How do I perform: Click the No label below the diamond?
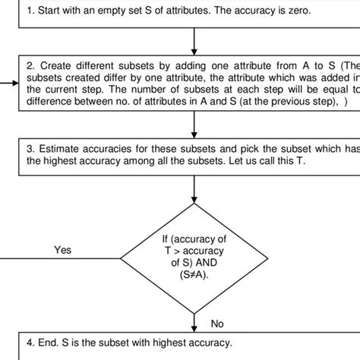click(217, 324)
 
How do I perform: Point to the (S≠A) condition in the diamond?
click(196, 276)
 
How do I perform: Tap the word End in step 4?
click(50, 343)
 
